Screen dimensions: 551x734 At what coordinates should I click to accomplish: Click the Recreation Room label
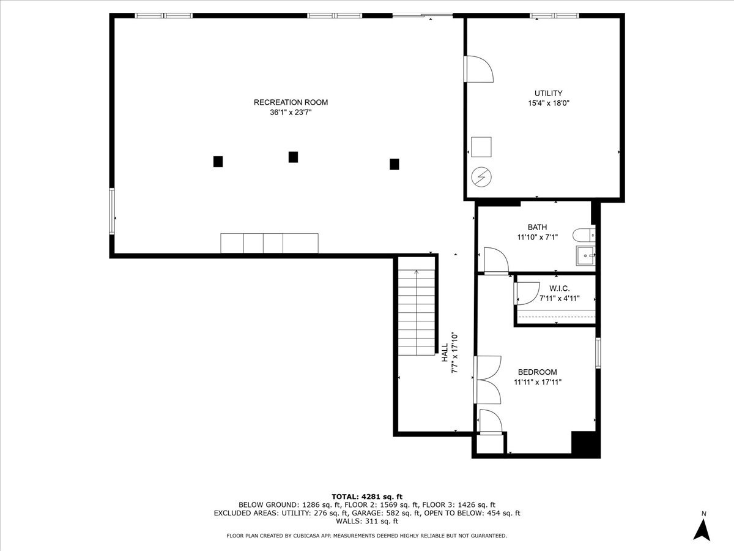click(287, 102)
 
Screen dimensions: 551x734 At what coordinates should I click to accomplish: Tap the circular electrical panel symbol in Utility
click(481, 178)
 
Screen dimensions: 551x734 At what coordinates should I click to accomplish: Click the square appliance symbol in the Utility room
click(481, 147)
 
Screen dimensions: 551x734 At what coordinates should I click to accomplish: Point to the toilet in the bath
click(584, 234)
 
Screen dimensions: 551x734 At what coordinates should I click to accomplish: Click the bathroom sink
click(585, 255)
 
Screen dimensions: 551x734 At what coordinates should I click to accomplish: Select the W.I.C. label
click(559, 288)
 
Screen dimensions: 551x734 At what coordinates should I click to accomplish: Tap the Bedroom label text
click(537, 372)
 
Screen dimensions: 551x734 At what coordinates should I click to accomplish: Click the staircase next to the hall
click(417, 312)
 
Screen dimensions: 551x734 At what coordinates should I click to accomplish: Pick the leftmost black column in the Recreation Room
click(218, 162)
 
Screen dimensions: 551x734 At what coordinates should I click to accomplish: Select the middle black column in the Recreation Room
click(293, 157)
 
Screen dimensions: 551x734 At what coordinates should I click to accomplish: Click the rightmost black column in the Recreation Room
click(395, 164)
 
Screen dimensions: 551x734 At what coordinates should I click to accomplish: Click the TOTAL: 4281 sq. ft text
click(366, 497)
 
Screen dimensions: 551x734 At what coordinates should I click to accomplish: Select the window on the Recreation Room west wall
click(112, 211)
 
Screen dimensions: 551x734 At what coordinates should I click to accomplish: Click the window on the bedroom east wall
click(598, 353)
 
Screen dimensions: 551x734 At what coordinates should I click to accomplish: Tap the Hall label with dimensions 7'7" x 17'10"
click(450, 353)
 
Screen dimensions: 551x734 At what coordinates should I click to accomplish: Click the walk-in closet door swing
click(527, 293)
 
